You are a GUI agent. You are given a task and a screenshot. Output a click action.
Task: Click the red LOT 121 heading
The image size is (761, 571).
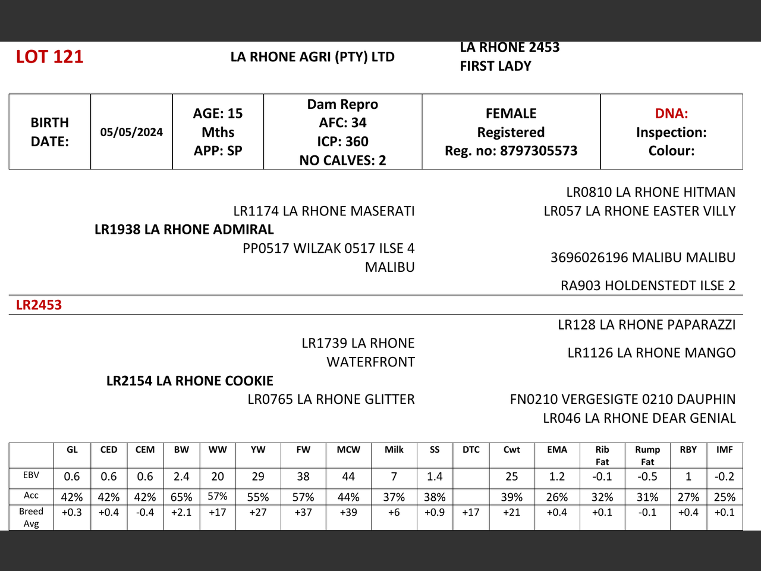49,57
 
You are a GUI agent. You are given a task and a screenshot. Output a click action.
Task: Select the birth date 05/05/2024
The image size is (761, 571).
131,132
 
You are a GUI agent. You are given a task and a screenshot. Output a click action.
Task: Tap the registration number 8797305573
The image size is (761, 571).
539,150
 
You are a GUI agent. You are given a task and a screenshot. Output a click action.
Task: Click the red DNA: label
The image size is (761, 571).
671,113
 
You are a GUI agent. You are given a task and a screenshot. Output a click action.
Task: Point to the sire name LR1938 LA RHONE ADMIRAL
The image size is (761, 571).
184,230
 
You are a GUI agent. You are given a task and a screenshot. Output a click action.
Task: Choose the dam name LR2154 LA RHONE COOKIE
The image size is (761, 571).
190,381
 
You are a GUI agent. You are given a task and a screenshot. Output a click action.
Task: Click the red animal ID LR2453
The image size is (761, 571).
39,305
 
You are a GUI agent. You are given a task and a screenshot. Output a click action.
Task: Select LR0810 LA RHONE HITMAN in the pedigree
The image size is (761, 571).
650,192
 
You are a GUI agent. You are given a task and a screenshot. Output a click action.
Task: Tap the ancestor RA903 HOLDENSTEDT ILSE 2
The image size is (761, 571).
647,285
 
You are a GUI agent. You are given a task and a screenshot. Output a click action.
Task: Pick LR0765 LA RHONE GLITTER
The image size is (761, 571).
331,399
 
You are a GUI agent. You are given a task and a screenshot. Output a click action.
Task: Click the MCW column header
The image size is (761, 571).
348,450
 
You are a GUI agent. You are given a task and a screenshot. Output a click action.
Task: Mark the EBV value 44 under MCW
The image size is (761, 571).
348,476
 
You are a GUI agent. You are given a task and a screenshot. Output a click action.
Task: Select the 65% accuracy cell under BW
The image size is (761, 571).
181,497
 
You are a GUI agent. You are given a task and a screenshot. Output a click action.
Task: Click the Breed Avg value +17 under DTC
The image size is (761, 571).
471,512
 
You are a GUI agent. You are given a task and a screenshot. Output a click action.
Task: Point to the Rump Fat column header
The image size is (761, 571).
647,456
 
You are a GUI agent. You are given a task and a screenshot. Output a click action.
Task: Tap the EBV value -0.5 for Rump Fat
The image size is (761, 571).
647,476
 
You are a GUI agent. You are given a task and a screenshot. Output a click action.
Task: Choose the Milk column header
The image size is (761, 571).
394,450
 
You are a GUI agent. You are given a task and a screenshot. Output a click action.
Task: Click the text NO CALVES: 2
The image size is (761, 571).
342,160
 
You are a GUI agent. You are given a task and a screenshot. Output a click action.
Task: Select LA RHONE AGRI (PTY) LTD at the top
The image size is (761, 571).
313,57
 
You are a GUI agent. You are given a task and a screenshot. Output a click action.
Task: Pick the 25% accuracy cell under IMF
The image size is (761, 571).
724,497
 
